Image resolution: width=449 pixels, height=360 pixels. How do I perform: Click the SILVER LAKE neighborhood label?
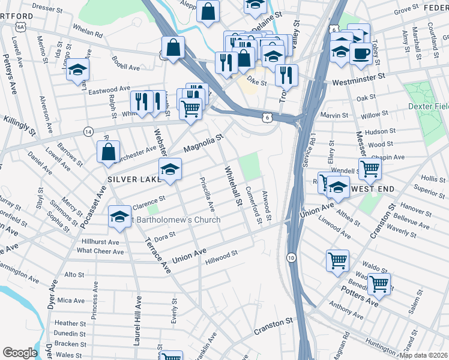point(134,179)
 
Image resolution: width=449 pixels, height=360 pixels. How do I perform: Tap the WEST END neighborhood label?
point(373,189)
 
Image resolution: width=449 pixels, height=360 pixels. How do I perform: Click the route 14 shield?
point(88,131)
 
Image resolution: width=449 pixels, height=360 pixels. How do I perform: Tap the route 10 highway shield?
point(291,257)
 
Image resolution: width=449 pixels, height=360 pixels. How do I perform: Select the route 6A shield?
point(21,27)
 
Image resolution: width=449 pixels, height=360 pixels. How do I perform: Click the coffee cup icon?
point(360,53)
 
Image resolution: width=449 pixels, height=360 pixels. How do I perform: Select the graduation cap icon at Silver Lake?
point(170,170)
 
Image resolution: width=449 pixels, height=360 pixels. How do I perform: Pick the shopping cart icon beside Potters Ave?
point(379,284)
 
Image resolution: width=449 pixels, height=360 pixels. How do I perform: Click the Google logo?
point(20,352)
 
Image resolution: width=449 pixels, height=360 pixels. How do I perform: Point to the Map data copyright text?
point(423,355)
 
